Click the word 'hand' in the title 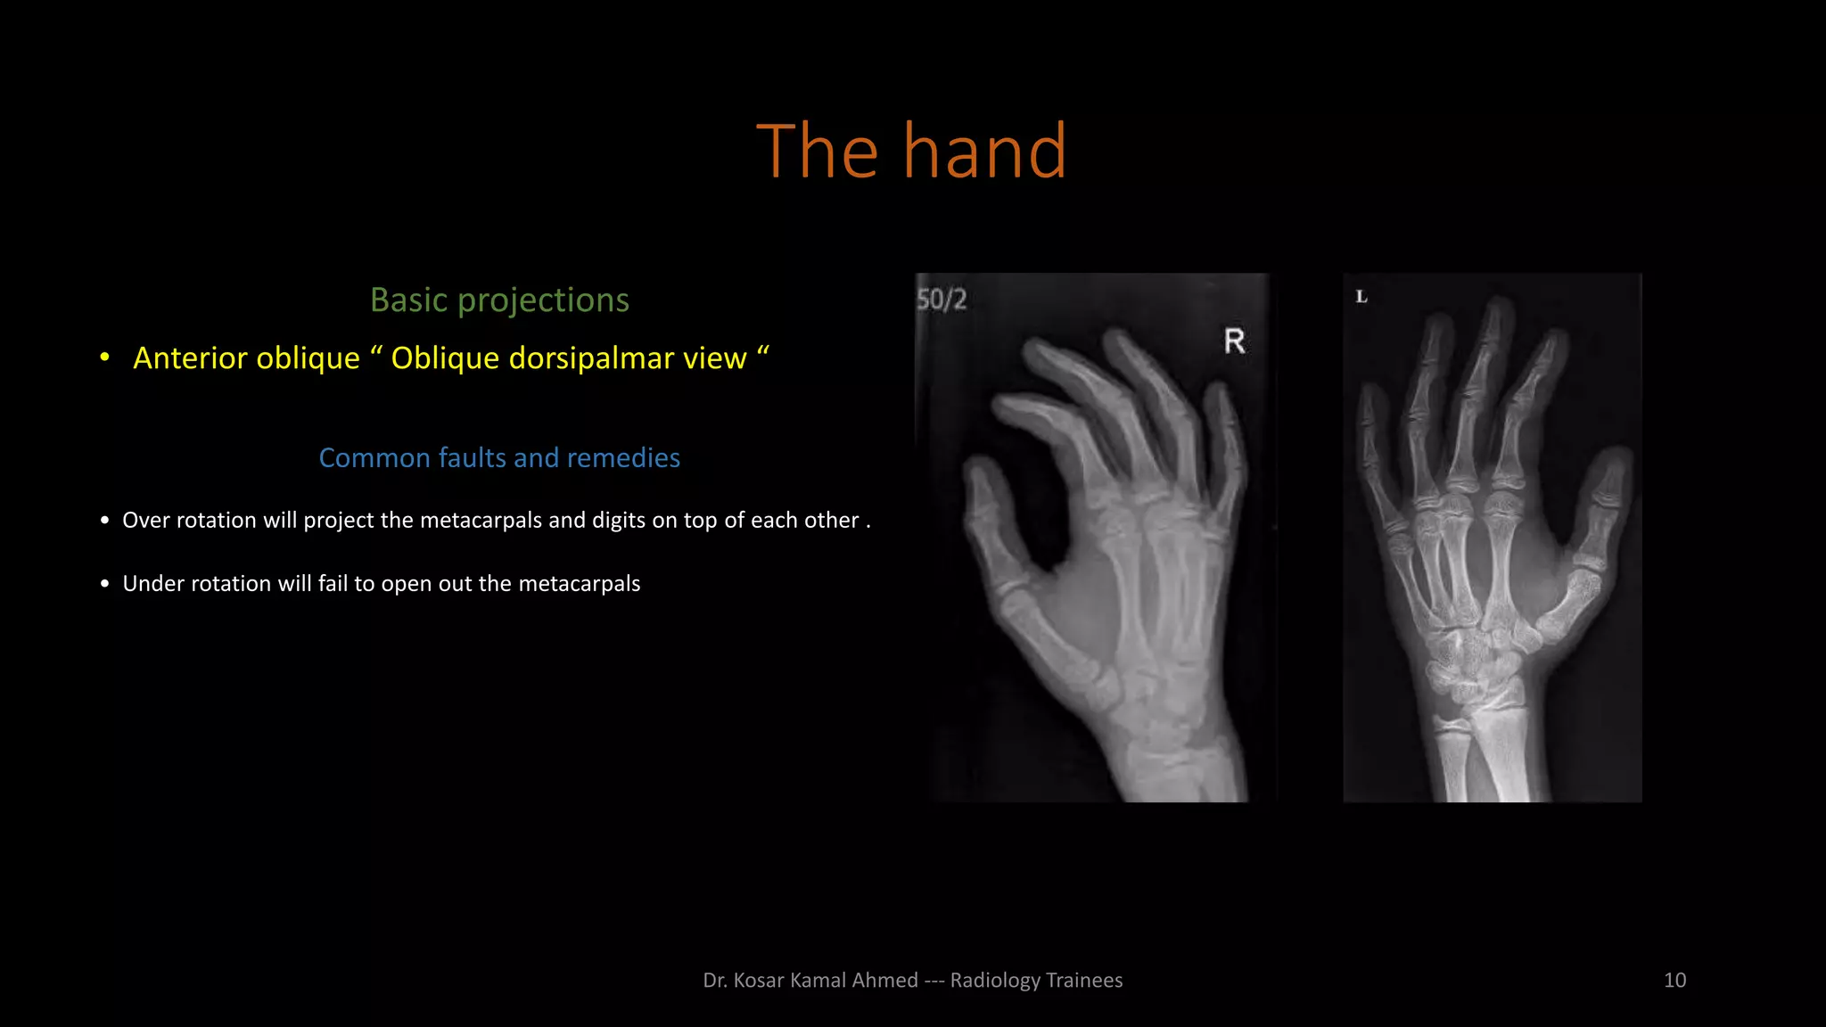pyautogui.click(x=984, y=151)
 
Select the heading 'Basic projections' pyautogui.click(x=499, y=300)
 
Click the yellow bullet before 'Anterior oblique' pyautogui.click(x=105, y=357)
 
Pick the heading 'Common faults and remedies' pyautogui.click(x=499, y=458)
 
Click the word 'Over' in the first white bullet pyautogui.click(x=146, y=521)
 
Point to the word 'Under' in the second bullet pyautogui.click(x=153, y=584)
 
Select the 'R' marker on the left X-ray pyautogui.click(x=1234, y=341)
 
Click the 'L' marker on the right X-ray pyautogui.click(x=1361, y=297)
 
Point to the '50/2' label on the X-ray pyautogui.click(x=942, y=300)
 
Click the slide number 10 pyautogui.click(x=1674, y=981)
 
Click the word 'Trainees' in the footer pyautogui.click(x=1084, y=981)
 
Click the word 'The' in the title pyautogui.click(x=817, y=151)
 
